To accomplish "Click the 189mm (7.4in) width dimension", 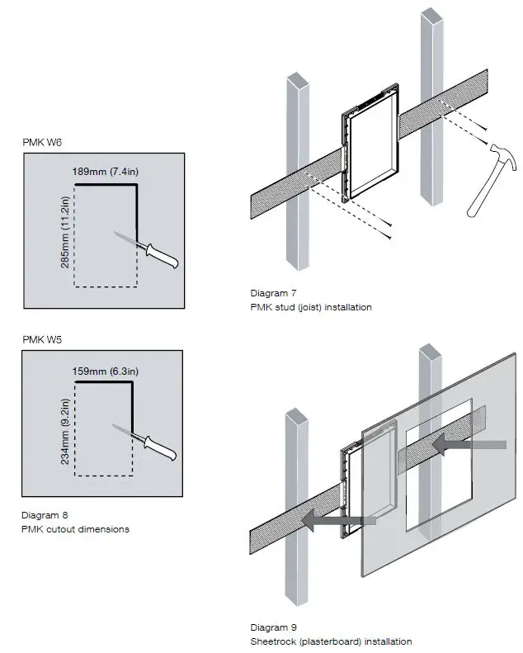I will pos(105,173).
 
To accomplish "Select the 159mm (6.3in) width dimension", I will pos(105,371).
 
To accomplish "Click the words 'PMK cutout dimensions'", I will pos(75,529).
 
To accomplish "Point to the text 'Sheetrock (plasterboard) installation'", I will pos(331,641).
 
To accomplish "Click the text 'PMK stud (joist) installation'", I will pos(311,306).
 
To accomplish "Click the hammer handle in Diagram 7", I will pos(476,196).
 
